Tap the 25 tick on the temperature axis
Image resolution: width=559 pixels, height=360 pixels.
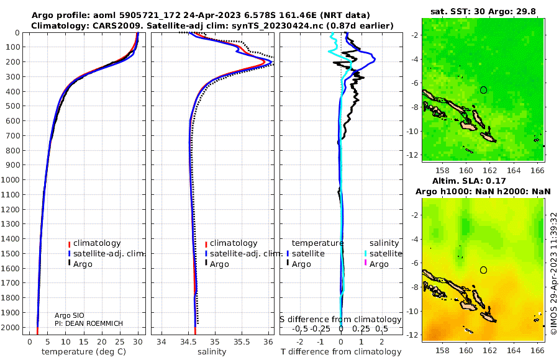pos(120,341)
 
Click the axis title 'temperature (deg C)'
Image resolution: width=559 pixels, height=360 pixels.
pos(84,352)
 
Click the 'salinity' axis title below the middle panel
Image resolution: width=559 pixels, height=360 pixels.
pos(212,352)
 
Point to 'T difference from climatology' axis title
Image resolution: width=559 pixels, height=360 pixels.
pos(341,352)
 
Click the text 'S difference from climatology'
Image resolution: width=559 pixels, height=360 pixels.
pos(341,320)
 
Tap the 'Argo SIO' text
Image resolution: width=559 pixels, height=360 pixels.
pos(70,315)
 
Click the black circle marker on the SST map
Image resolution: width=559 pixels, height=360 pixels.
pos(483,90)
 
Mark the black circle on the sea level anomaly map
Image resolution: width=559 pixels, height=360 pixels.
pos(483,270)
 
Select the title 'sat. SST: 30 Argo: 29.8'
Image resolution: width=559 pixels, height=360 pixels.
pos(483,11)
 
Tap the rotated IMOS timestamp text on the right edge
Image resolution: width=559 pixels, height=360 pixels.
pos(553,274)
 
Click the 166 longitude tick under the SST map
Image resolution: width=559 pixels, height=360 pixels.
pos(538,170)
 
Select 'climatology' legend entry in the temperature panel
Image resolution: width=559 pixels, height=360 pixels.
pos(97,243)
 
